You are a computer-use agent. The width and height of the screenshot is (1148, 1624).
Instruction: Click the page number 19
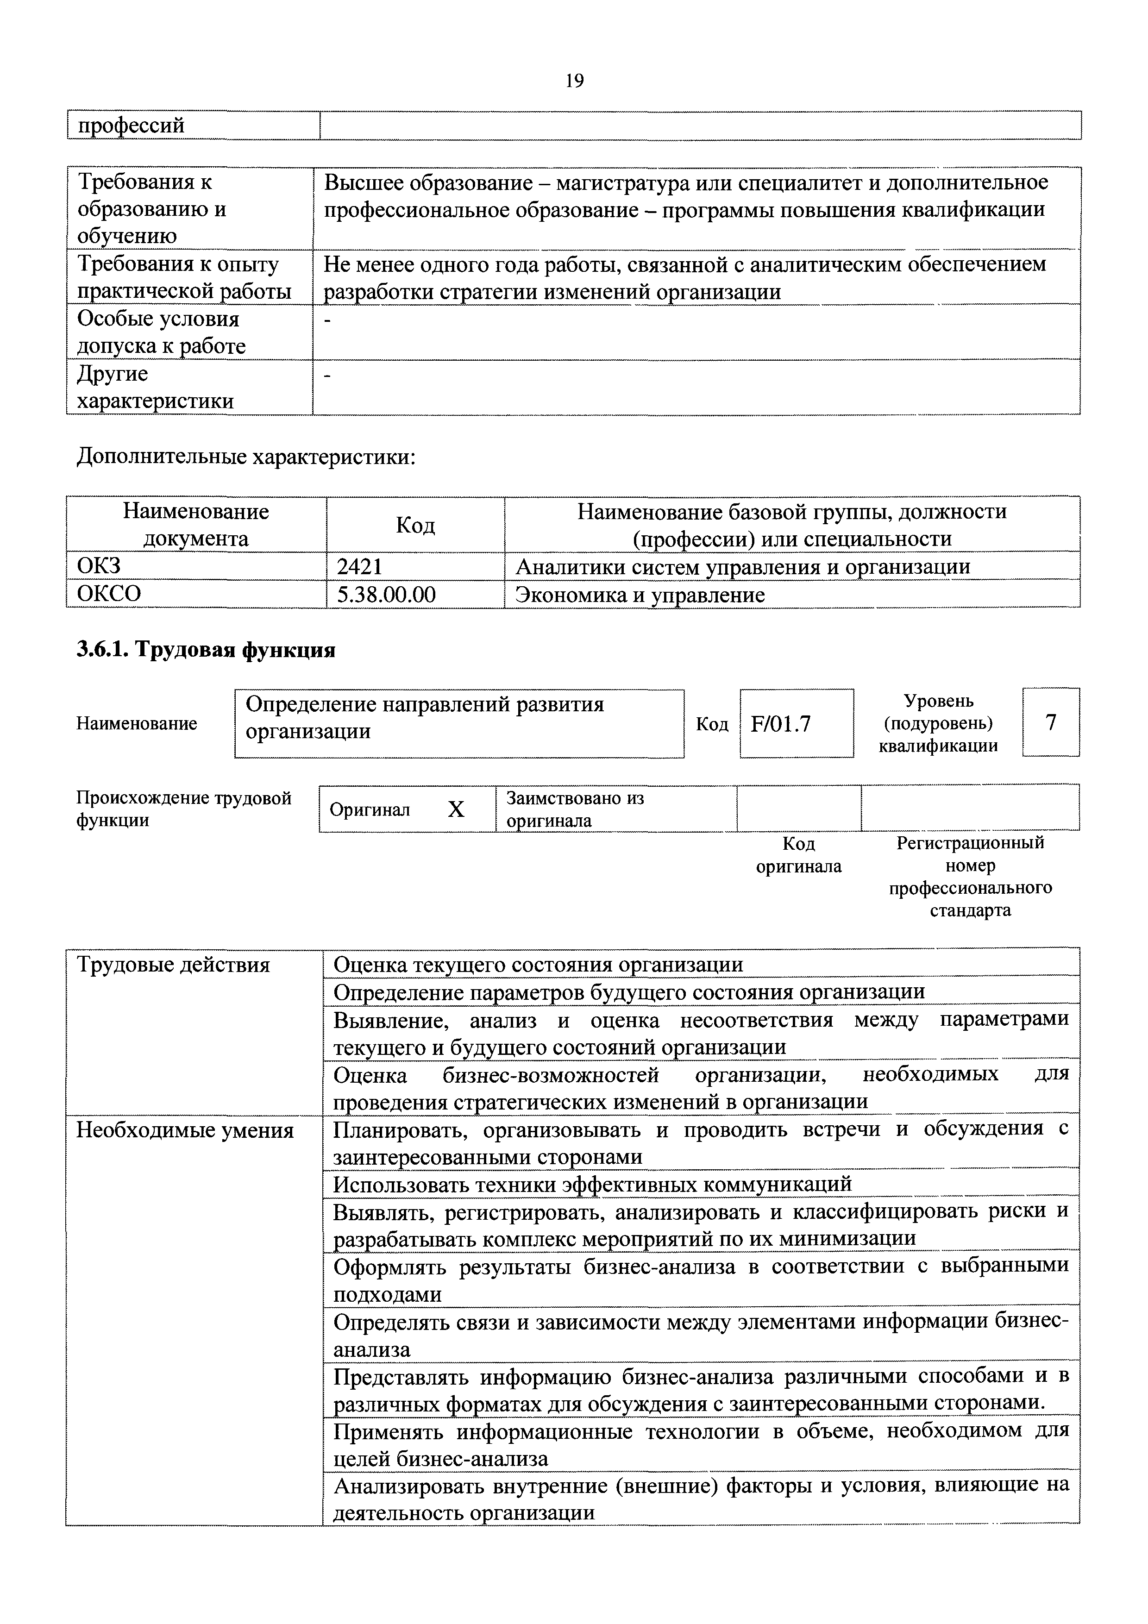(x=574, y=82)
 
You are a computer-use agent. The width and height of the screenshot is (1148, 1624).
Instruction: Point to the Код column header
(x=415, y=525)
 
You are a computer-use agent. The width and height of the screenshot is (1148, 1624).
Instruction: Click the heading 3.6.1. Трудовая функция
(x=206, y=649)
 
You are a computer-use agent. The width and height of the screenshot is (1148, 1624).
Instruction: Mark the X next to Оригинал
(x=456, y=809)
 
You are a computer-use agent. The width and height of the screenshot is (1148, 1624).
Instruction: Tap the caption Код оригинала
(x=798, y=855)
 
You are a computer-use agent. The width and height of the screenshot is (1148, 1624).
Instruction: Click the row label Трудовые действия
(x=173, y=965)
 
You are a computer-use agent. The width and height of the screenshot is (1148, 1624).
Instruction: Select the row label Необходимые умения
(x=185, y=1130)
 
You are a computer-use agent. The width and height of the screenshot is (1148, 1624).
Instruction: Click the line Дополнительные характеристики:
(x=245, y=457)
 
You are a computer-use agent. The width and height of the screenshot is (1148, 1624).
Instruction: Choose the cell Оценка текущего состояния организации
(x=538, y=965)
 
